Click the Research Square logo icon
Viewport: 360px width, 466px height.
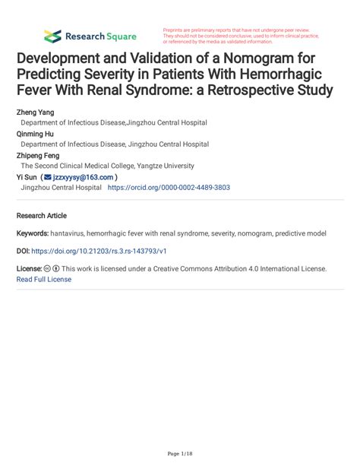pyautogui.click(x=52, y=36)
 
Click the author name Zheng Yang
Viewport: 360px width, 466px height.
pyautogui.click(x=36, y=112)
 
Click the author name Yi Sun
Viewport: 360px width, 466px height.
pyautogui.click(x=27, y=176)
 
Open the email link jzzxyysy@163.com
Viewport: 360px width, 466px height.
pyautogui.click(x=84, y=176)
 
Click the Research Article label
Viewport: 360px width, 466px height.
pyautogui.click(x=42, y=216)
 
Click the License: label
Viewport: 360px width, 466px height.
pyautogui.click(x=29, y=269)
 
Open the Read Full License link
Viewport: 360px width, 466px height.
pyautogui.click(x=44, y=279)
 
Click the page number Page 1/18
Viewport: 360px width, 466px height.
pyautogui.click(x=180, y=454)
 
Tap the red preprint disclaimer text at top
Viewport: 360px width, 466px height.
pyautogui.click(x=242, y=36)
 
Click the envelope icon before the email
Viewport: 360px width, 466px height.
pyautogui.click(x=46, y=176)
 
